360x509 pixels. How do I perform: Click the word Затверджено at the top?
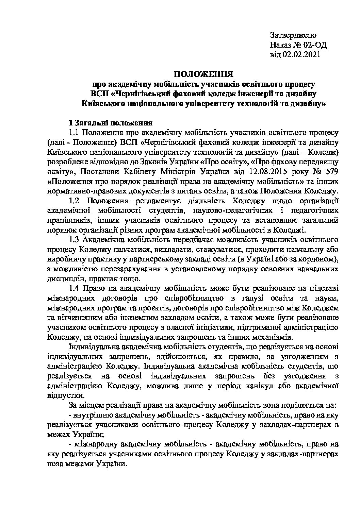point(293,35)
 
